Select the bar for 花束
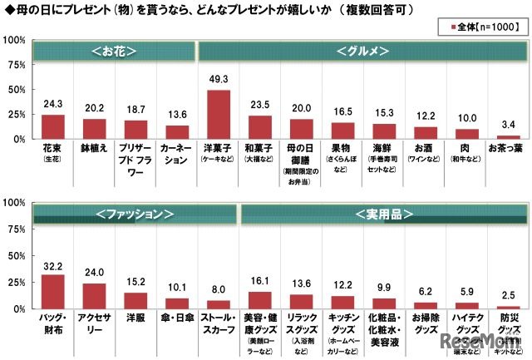click(53, 126)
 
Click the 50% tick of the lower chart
click(17, 255)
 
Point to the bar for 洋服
click(135, 300)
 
